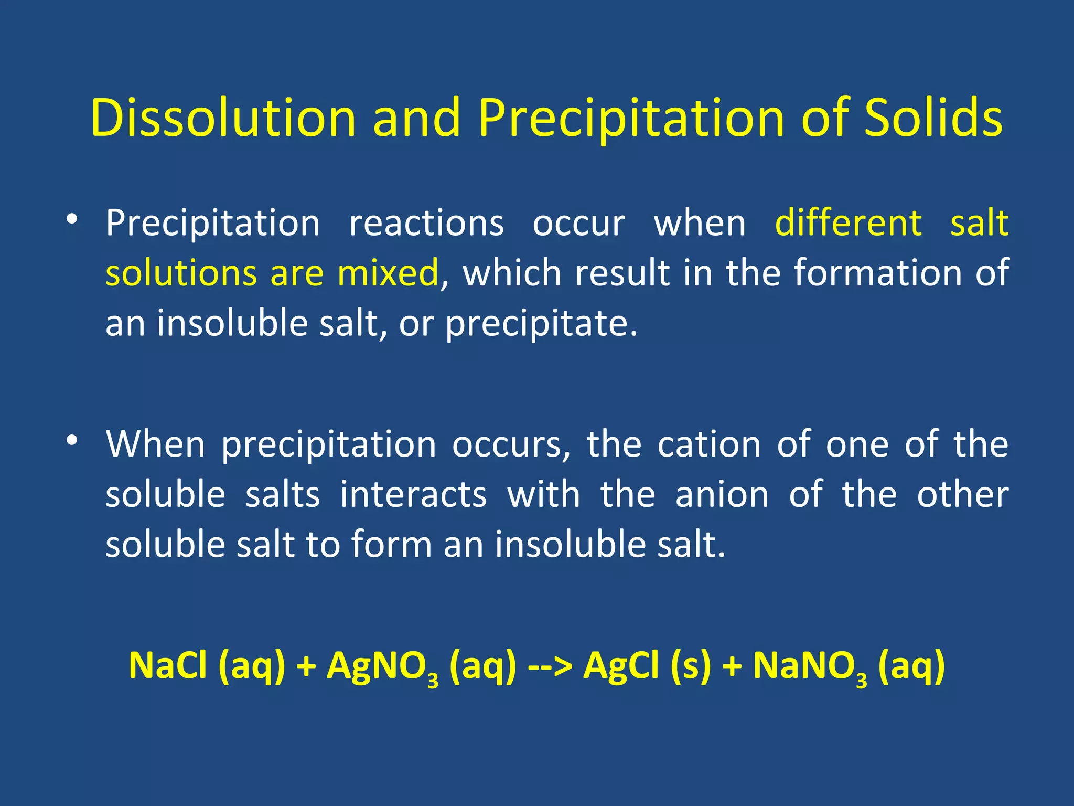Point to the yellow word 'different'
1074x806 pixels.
(848, 223)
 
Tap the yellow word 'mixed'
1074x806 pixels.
(388, 273)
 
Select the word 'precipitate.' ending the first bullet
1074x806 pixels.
(541, 324)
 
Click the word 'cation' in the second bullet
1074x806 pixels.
(709, 444)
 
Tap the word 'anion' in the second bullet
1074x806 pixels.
(722, 495)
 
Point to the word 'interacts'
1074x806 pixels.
(413, 495)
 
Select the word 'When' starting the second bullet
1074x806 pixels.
(155, 444)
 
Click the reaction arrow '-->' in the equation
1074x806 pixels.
(550, 666)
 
